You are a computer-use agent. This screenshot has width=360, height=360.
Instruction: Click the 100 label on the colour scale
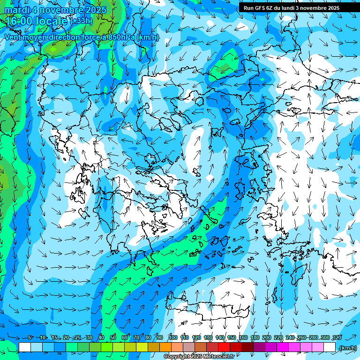coord(173,337)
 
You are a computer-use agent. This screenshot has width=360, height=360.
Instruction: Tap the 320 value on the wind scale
coord(337,337)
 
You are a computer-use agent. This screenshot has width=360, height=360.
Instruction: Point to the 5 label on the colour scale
coord(30,337)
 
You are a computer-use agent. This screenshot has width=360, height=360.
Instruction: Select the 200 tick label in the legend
coord(267,337)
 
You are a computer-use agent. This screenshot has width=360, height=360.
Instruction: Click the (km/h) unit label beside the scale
coord(347,347)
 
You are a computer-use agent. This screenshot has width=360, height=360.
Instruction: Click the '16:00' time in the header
coord(20,21)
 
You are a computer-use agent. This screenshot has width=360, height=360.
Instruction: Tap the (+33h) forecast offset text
coord(81,21)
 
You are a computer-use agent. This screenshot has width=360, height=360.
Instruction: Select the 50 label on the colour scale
coord(113,337)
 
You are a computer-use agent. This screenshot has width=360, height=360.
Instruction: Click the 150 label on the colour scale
coord(232,337)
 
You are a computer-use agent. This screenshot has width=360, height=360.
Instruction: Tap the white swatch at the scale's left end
coord(25,347)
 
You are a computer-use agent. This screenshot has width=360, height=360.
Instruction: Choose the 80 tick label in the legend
coord(148,337)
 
